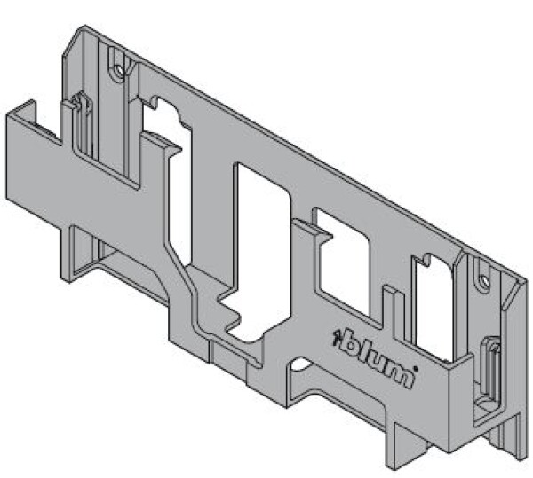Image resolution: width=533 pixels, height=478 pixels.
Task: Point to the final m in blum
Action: coord(400,374)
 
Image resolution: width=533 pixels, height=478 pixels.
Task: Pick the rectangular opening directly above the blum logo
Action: coord(342,262)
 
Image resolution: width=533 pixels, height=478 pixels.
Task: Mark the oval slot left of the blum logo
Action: coord(301,363)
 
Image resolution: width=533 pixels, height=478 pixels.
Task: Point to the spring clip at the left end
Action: coord(82,124)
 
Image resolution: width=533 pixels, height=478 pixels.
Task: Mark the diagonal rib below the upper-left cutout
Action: coord(187,284)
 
